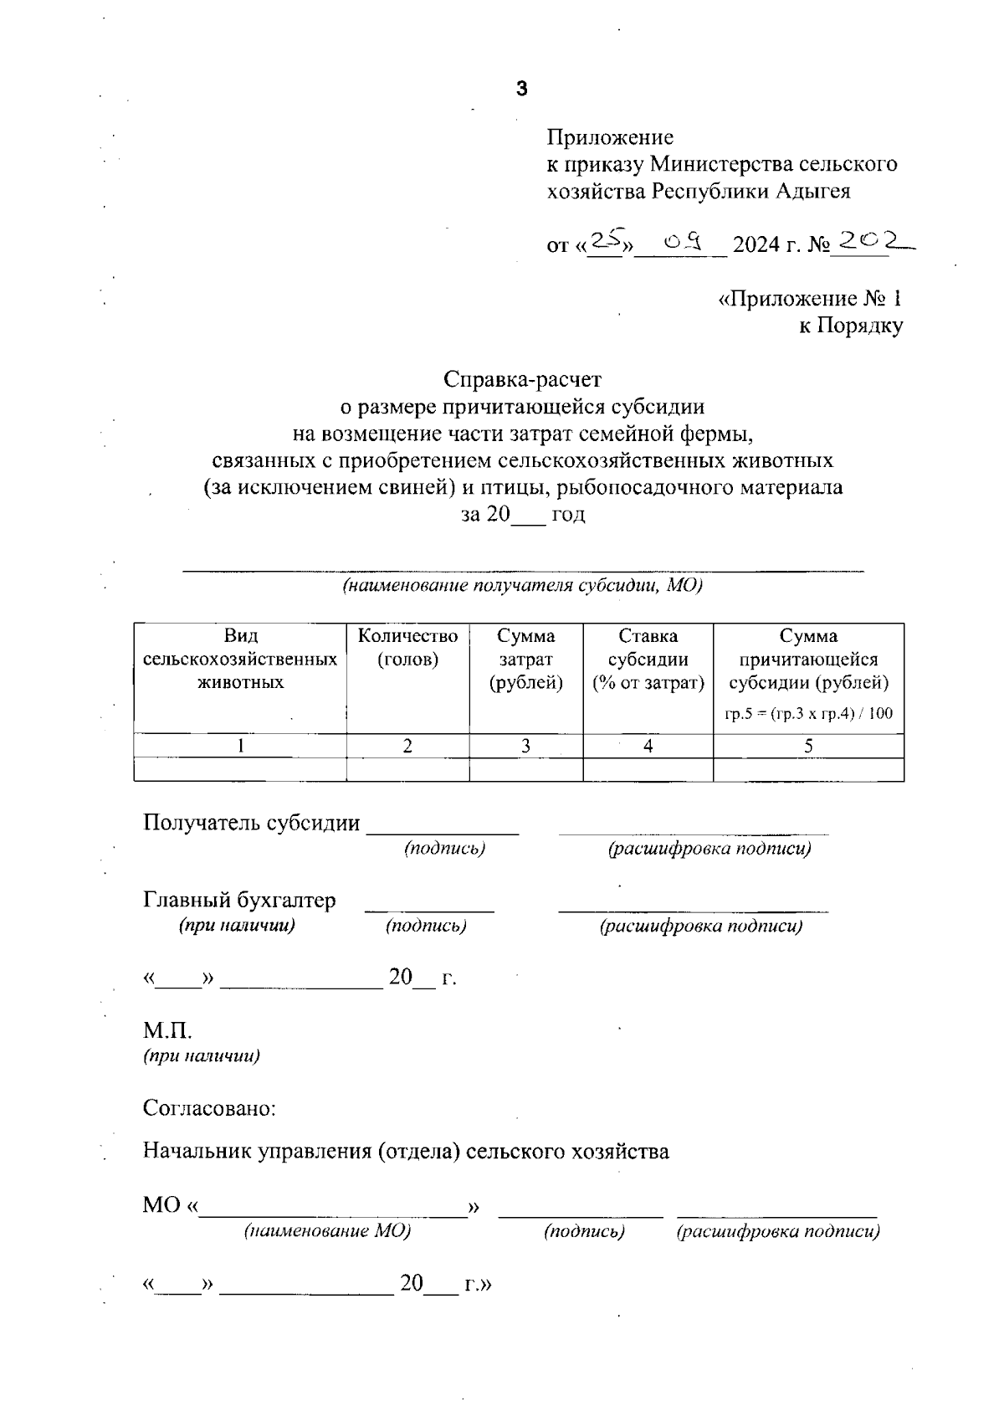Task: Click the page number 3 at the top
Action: click(x=522, y=89)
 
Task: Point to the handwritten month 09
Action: click(x=681, y=243)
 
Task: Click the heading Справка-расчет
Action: click(x=522, y=379)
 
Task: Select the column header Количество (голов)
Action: click(x=407, y=648)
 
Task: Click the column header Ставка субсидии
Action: click(x=648, y=660)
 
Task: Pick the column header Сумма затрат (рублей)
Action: click(x=525, y=660)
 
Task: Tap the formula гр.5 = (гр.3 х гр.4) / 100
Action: click(x=808, y=714)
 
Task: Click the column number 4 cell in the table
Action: click(x=648, y=746)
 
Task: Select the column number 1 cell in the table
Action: click(x=240, y=746)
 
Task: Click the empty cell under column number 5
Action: click(x=808, y=769)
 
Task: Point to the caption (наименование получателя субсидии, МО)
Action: click(x=522, y=585)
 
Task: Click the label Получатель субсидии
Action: click(x=251, y=823)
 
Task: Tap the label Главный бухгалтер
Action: click(x=239, y=900)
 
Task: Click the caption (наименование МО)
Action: click(x=327, y=1231)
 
